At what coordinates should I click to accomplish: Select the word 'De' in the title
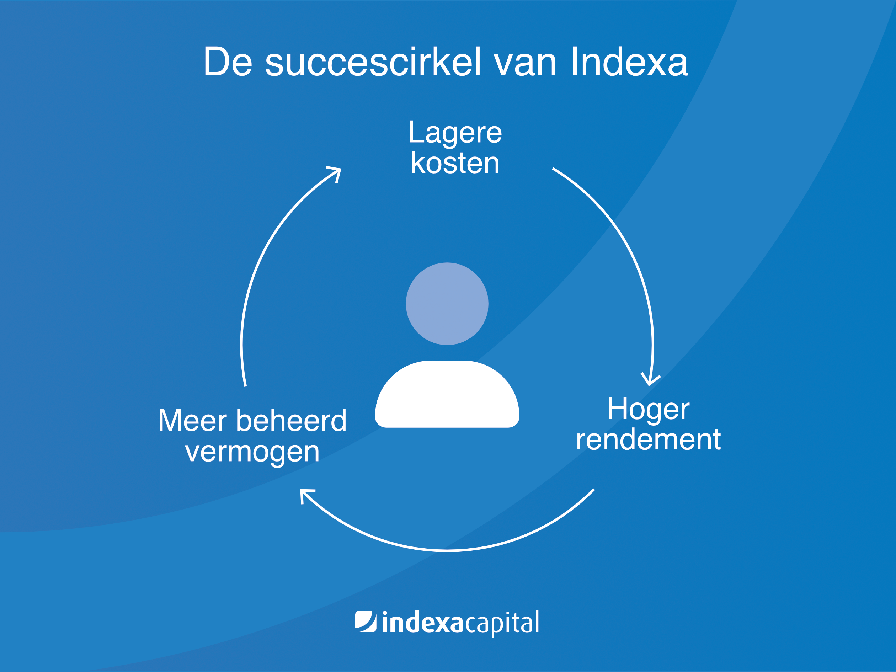click(228, 62)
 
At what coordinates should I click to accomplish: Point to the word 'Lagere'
click(455, 133)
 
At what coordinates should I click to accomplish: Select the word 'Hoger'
click(648, 410)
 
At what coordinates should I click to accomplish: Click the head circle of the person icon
click(447, 304)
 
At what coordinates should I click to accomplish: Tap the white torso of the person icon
click(447, 394)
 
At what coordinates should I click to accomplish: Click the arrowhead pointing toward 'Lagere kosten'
click(336, 174)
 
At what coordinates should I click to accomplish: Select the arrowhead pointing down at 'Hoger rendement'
click(650, 380)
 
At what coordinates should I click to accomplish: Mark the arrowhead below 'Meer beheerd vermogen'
click(306, 495)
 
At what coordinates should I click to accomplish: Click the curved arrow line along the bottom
click(447, 550)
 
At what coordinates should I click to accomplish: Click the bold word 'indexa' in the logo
click(422, 622)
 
